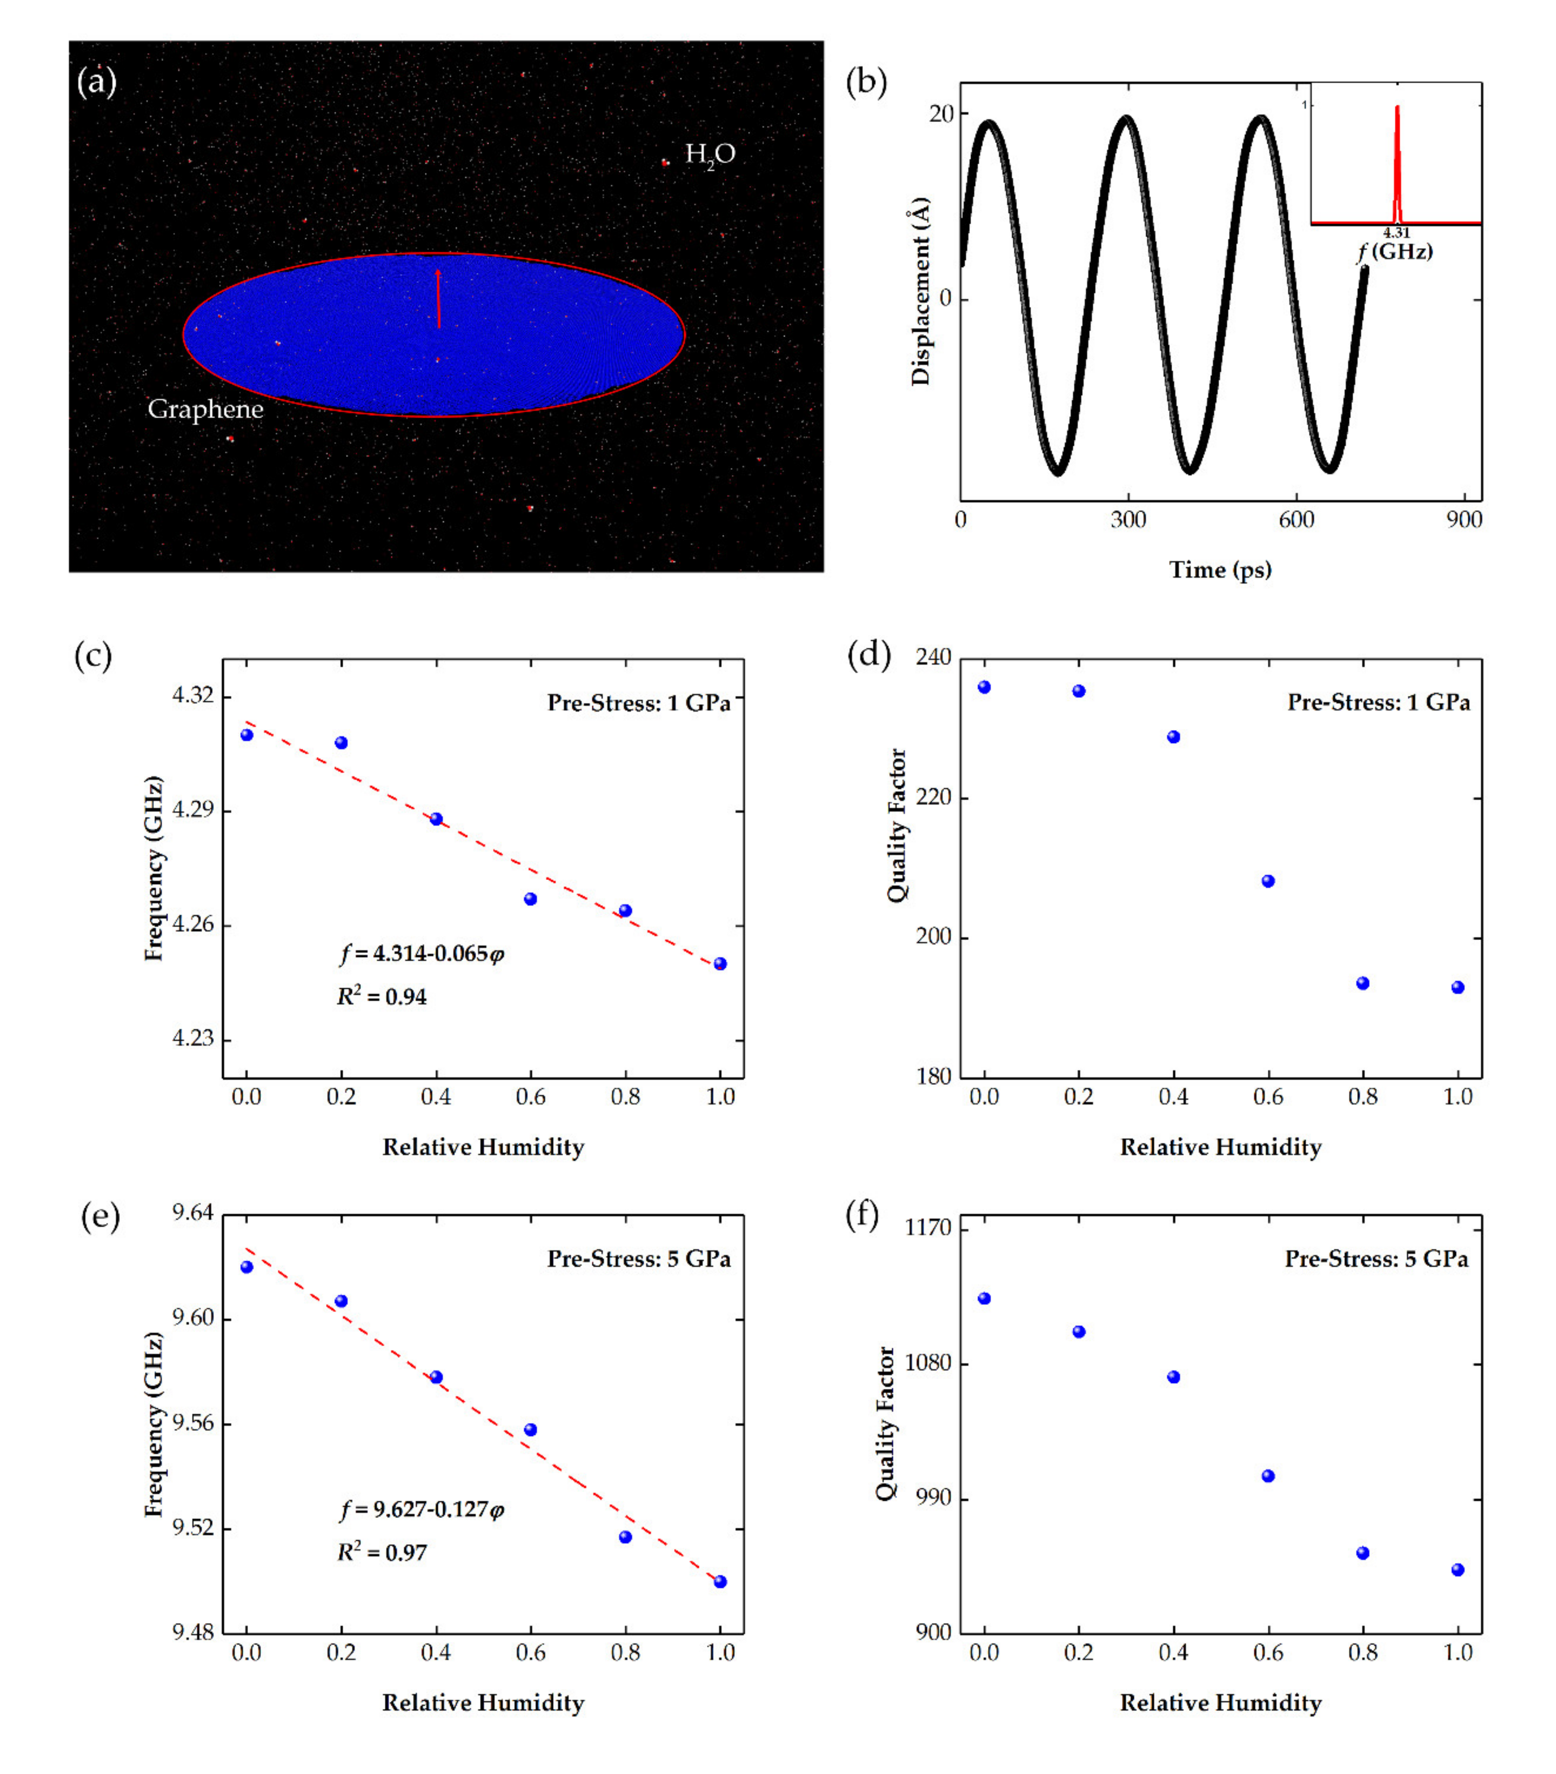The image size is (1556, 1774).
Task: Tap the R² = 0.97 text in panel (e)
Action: pos(382,1552)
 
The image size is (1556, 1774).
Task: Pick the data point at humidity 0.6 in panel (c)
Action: pos(530,899)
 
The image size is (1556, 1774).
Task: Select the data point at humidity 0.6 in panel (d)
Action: pos(1268,881)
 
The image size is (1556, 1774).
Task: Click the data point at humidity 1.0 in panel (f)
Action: pos(1458,1569)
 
